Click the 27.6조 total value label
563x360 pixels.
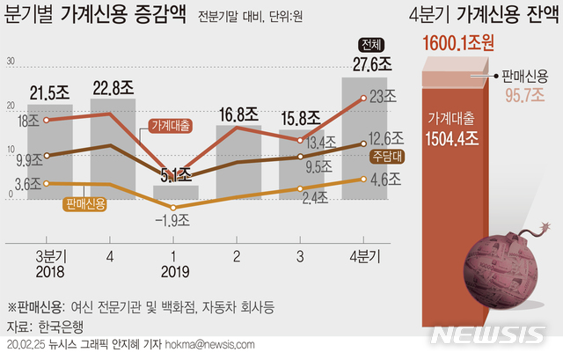(366, 65)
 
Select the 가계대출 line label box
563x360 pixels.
(174, 125)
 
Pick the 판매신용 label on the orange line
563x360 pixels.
(85, 204)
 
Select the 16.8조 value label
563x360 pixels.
(238, 114)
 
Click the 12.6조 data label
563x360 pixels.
(385, 137)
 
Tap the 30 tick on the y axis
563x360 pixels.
(11, 62)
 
